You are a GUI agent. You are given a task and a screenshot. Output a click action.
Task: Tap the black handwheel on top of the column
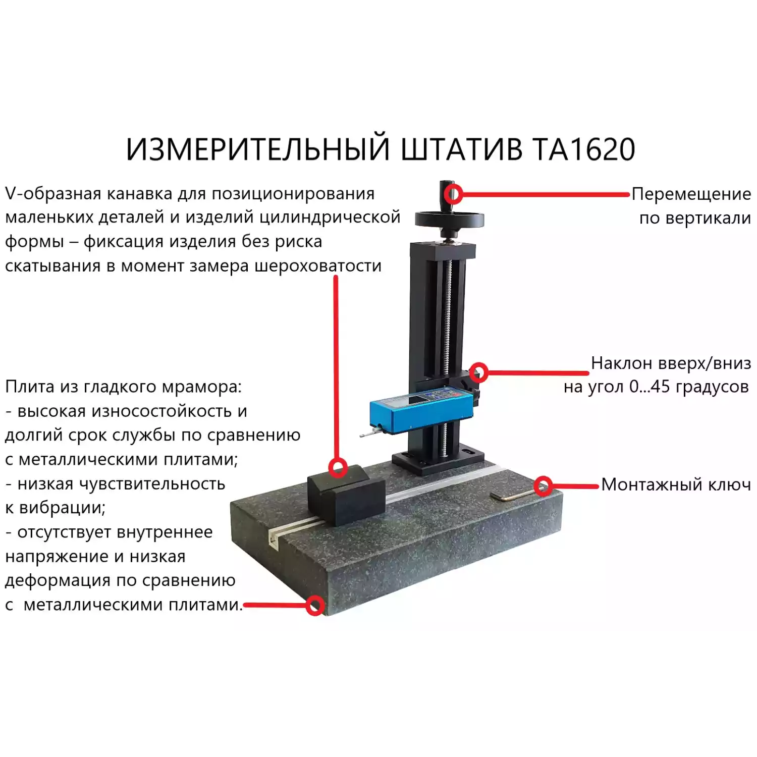pos(449,220)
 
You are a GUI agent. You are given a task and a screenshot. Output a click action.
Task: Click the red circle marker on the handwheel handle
pos(453,194)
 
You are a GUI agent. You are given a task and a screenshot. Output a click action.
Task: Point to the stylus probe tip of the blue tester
pos(362,435)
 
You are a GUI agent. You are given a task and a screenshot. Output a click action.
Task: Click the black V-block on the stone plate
pos(346,495)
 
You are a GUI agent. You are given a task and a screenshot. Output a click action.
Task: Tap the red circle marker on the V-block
pos(338,467)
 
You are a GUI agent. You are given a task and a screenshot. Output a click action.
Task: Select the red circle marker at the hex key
pos(543,486)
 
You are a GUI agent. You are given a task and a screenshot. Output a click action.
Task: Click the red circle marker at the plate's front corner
pos(315,605)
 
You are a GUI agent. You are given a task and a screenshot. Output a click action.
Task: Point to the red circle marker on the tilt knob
pos(478,372)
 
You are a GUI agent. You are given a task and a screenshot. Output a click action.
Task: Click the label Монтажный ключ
pos(676,484)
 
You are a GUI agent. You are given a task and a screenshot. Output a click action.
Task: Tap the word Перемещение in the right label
pos(691,194)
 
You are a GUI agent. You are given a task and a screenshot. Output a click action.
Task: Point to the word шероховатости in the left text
pos(317,266)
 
